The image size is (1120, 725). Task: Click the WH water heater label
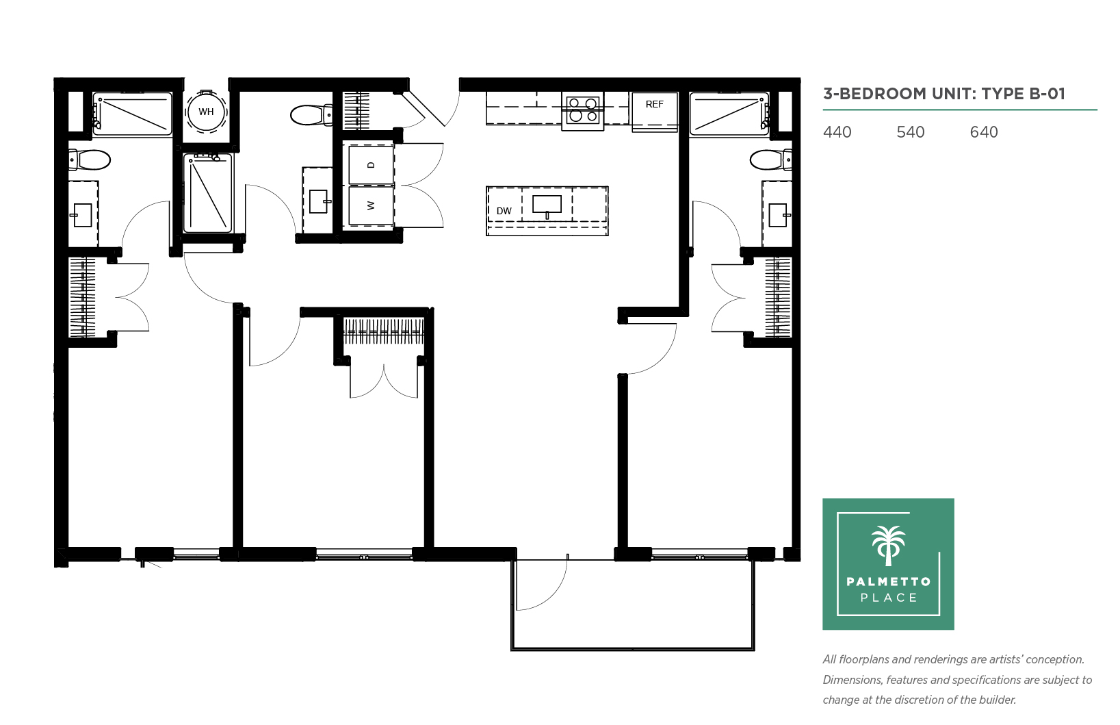point(206,112)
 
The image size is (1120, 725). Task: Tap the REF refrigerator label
point(655,104)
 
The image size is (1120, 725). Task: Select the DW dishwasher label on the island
point(504,211)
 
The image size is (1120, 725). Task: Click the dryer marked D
point(371,164)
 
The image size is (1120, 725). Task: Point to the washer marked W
point(371,205)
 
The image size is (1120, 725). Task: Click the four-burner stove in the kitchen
point(582,111)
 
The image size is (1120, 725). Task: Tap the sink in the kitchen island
point(547,205)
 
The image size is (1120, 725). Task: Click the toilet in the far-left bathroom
point(90,161)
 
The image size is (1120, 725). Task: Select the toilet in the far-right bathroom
point(771,161)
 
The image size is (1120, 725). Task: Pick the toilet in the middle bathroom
point(311,114)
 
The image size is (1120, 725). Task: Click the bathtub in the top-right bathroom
point(729,114)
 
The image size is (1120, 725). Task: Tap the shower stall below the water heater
point(208,192)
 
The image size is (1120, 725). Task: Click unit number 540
point(911,132)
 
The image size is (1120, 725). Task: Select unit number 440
point(837,132)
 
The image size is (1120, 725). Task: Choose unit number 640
point(984,132)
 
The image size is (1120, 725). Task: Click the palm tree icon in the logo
point(888,546)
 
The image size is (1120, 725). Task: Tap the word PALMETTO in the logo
point(889,581)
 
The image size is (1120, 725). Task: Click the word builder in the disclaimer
point(996,700)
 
